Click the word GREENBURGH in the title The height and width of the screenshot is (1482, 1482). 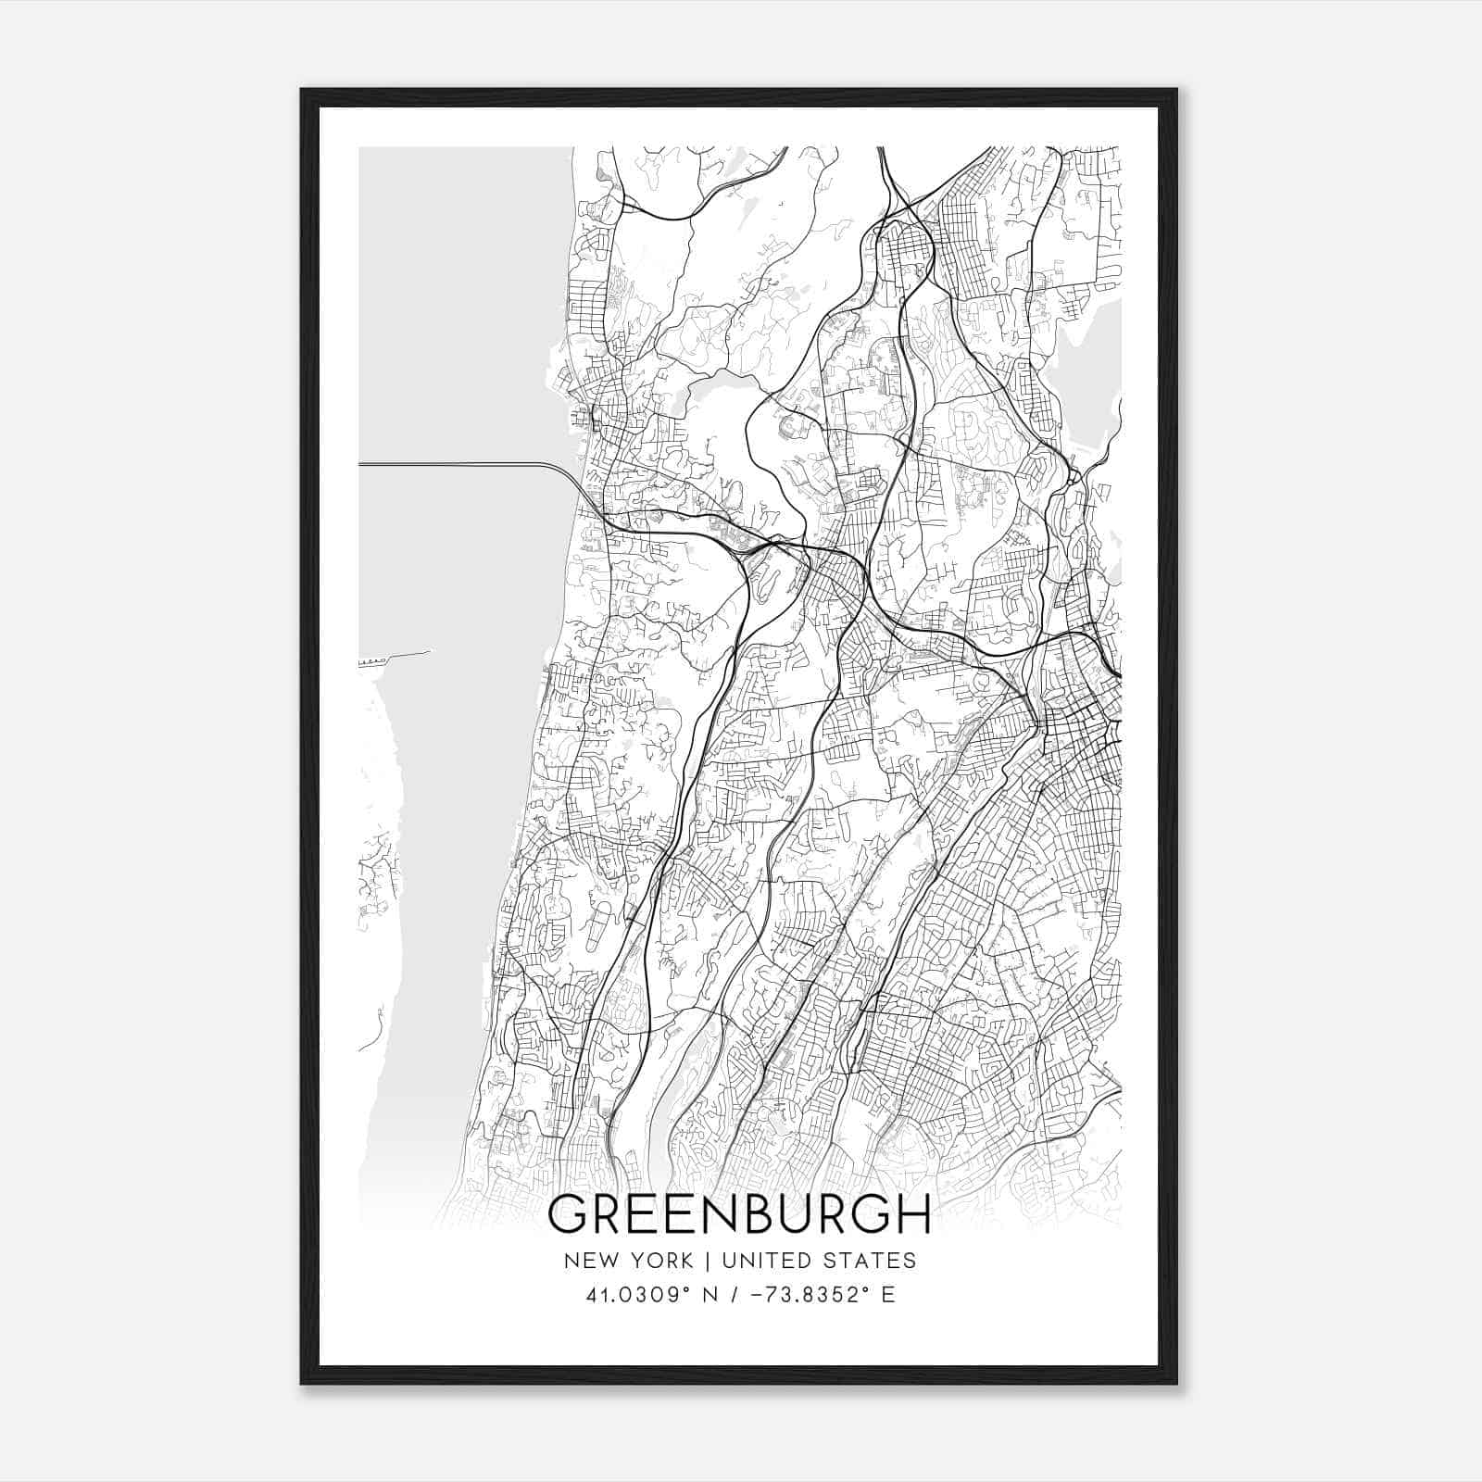click(739, 1215)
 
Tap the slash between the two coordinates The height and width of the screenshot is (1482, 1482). click(733, 1295)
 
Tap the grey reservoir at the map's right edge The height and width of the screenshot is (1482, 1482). click(1093, 370)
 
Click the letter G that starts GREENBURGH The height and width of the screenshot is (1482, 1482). click(567, 1215)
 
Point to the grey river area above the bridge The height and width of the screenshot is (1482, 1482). click(463, 306)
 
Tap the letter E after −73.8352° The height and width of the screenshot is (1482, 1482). click(889, 1295)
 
